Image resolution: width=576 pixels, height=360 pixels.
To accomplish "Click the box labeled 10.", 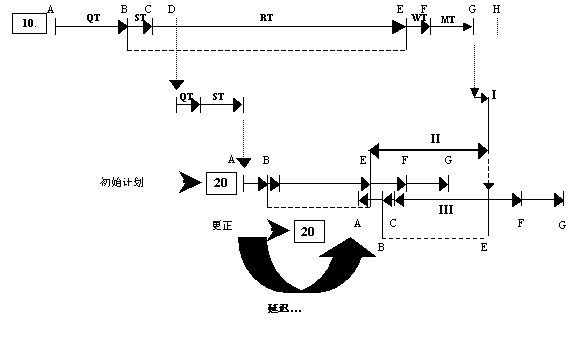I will tap(28, 23).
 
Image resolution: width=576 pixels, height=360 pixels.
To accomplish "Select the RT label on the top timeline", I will tap(266, 18).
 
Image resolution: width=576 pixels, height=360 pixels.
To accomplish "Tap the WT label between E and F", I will tap(418, 18).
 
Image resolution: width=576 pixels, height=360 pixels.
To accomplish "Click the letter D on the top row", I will tap(172, 8).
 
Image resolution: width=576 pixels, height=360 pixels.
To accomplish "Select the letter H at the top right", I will tap(497, 8).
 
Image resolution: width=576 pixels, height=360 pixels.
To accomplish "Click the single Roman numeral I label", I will tap(493, 94).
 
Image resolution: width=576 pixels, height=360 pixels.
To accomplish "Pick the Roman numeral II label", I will tap(435, 138).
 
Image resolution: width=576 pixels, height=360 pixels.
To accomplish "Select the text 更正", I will tap(222, 226).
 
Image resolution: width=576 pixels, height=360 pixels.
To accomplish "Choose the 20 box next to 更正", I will tap(307, 231).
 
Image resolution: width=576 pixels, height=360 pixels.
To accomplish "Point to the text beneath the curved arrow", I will tap(284, 307).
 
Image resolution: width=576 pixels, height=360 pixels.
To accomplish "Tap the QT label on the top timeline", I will tap(93, 18).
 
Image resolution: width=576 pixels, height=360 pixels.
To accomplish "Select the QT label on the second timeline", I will tap(186, 96).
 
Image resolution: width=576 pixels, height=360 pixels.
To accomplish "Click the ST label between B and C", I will tap(140, 18).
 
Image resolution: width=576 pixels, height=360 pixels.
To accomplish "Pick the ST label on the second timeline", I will tap(218, 96).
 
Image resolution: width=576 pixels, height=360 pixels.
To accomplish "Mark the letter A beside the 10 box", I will tap(50, 8).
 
